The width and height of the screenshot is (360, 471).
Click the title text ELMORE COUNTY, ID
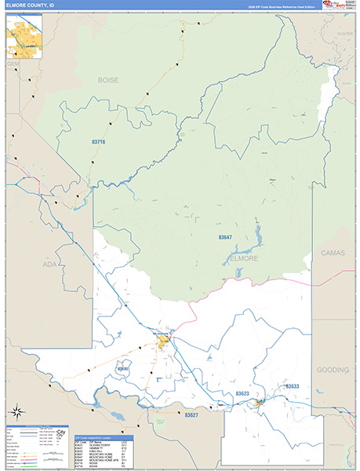point(31,5)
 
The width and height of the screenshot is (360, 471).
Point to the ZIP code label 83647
point(225,237)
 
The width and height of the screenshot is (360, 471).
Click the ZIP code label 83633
point(292,386)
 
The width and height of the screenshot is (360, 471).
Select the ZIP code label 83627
point(193,414)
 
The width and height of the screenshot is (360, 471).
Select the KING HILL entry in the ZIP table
point(84,451)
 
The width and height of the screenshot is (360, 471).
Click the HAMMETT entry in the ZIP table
point(83,447)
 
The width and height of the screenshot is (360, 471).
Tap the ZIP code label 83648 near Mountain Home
point(123,368)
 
